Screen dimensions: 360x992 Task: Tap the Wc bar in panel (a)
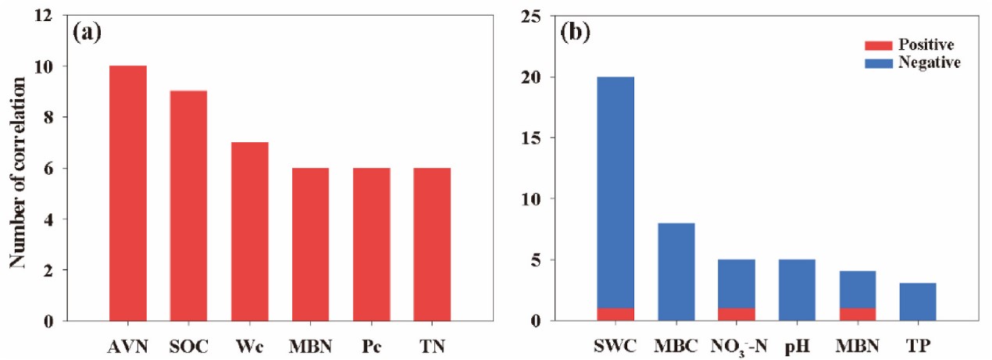[x=249, y=231]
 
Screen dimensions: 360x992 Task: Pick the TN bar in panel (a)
[x=431, y=244]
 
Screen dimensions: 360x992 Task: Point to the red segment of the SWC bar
[x=616, y=315]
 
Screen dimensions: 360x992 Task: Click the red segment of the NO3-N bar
[x=737, y=315]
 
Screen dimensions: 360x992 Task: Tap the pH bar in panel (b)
[x=797, y=290]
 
